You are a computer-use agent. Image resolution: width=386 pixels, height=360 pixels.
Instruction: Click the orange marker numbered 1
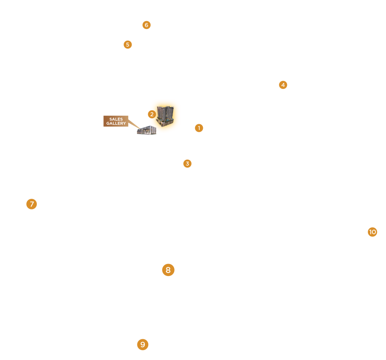point(199,128)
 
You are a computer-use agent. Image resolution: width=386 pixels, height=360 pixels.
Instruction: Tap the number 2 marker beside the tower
point(152,114)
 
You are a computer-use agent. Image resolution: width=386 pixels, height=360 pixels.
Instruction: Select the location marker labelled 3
point(187,163)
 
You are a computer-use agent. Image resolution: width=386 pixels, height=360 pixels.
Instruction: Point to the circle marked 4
point(283,85)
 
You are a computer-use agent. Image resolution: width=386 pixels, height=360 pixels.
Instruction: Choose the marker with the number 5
point(128,44)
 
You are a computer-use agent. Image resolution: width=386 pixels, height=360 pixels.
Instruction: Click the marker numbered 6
point(146,25)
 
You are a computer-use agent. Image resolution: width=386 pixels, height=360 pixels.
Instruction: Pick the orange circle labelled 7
point(32,204)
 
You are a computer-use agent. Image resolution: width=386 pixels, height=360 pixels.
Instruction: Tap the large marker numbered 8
point(168,270)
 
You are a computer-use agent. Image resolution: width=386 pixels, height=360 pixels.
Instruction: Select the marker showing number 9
point(143,345)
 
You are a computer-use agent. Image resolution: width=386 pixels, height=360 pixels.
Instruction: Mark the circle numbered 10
point(372,232)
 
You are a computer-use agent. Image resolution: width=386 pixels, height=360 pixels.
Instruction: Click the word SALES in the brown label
point(116,119)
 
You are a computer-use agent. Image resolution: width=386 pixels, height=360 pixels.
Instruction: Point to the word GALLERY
point(116,124)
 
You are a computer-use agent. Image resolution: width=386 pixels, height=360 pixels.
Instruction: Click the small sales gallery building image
point(146,130)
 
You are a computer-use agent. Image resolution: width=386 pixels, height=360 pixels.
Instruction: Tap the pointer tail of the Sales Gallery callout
point(134,124)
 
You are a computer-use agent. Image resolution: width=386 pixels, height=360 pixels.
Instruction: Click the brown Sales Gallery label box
point(116,121)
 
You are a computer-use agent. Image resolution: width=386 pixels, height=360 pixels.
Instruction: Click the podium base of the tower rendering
point(166,123)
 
